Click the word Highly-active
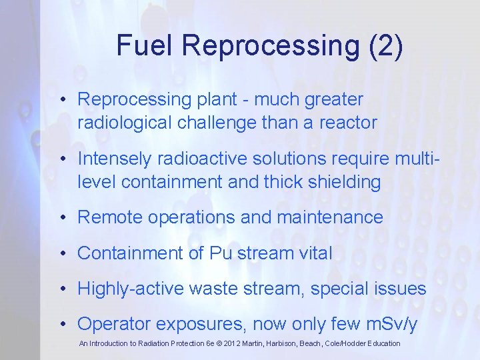pos(131,289)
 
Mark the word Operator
pos(111,324)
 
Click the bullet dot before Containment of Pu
pos(61,254)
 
